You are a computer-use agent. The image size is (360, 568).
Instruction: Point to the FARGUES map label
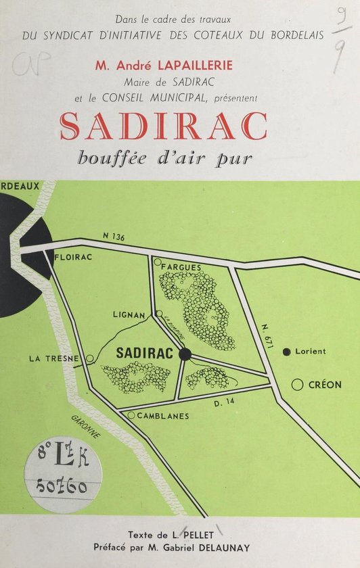pyautogui.click(x=181, y=267)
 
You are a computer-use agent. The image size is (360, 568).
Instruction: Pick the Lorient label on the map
pyautogui.click(x=311, y=352)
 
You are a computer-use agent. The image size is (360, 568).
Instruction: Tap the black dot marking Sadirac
pyautogui.click(x=186, y=354)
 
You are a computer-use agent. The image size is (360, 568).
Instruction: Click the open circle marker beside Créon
pyautogui.click(x=296, y=385)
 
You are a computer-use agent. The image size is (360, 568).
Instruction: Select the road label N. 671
pyautogui.click(x=267, y=337)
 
